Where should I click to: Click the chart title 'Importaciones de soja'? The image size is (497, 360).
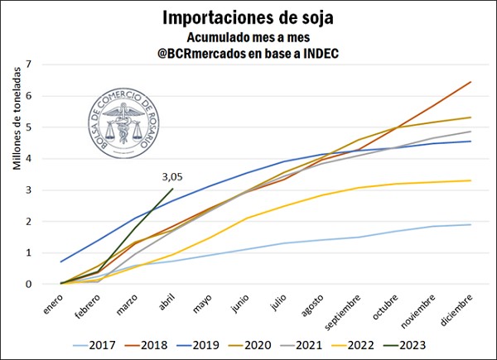coord(248,17)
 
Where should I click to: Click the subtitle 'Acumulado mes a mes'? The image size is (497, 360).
coord(248,37)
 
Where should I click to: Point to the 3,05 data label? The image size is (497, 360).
coord(171,176)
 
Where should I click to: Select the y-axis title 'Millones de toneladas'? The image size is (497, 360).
coord(16,119)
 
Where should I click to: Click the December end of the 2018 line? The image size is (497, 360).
coord(471,82)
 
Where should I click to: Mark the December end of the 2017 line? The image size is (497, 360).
coord(471,224)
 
